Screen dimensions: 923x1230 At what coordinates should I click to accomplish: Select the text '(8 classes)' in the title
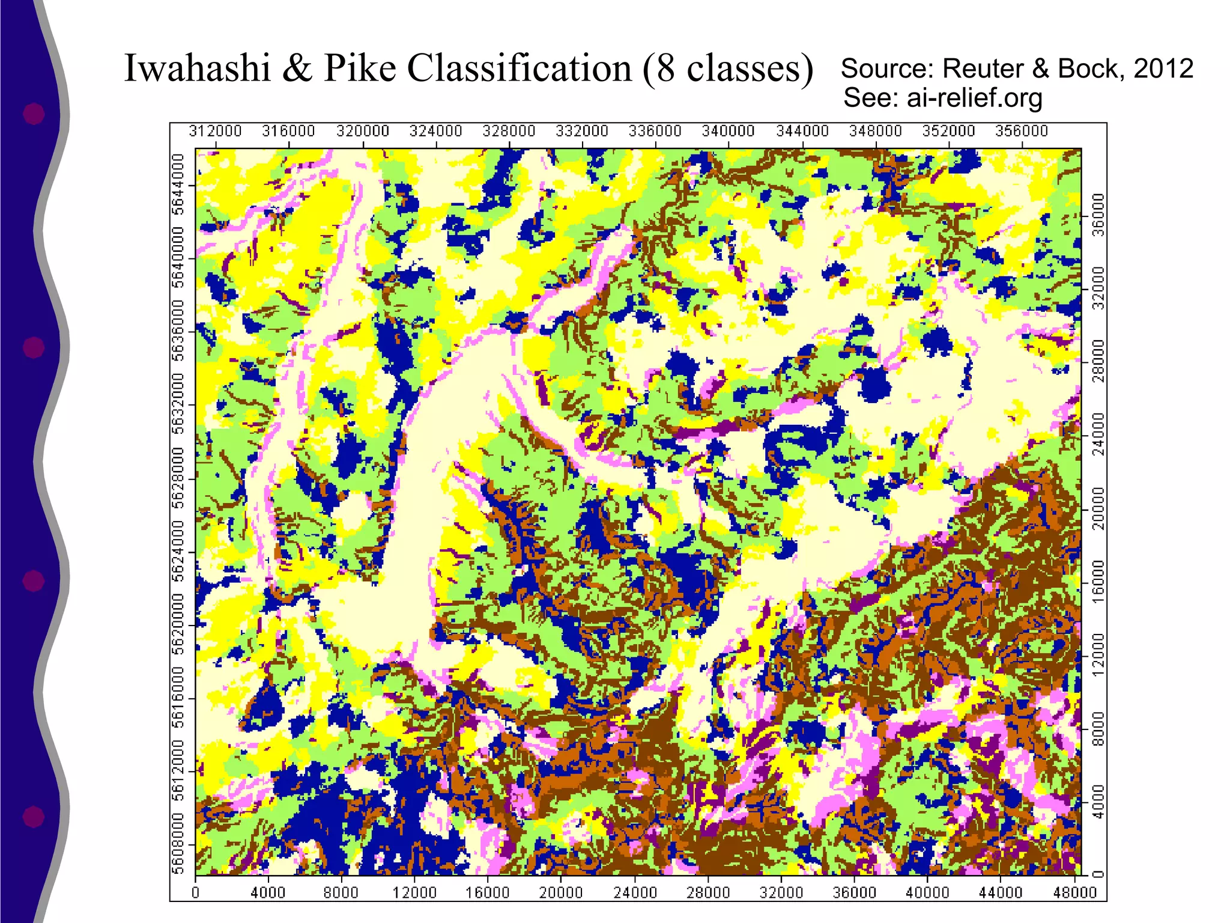click(727, 69)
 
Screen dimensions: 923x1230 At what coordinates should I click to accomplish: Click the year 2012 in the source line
click(1163, 69)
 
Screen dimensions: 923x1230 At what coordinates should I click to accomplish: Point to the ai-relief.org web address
click(974, 97)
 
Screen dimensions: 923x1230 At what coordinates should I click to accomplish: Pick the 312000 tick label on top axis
click(216, 131)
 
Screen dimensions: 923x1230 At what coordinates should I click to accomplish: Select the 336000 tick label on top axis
click(655, 131)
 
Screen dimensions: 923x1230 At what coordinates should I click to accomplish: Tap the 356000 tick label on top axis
click(1022, 131)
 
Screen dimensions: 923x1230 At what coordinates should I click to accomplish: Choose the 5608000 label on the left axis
click(178, 844)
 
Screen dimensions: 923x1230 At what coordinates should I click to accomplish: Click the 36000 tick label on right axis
click(1098, 215)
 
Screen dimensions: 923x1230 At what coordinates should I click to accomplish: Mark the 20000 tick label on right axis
click(1098, 508)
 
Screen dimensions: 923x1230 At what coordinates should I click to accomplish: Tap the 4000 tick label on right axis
click(1098, 802)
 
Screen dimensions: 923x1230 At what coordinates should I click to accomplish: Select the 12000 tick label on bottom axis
click(414, 892)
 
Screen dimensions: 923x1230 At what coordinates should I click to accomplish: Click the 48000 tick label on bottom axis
click(1074, 892)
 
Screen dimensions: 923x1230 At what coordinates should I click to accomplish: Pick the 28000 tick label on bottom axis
click(708, 892)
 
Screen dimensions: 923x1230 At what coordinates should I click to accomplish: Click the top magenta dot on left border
click(34, 113)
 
